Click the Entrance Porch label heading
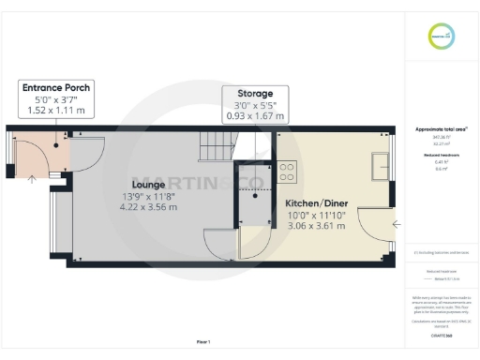tap(56, 87)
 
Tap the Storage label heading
tap(254, 94)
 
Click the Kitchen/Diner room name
tap(317, 202)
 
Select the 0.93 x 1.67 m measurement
tap(254, 116)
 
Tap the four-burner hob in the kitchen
tap(287, 173)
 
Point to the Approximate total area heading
tap(442, 128)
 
